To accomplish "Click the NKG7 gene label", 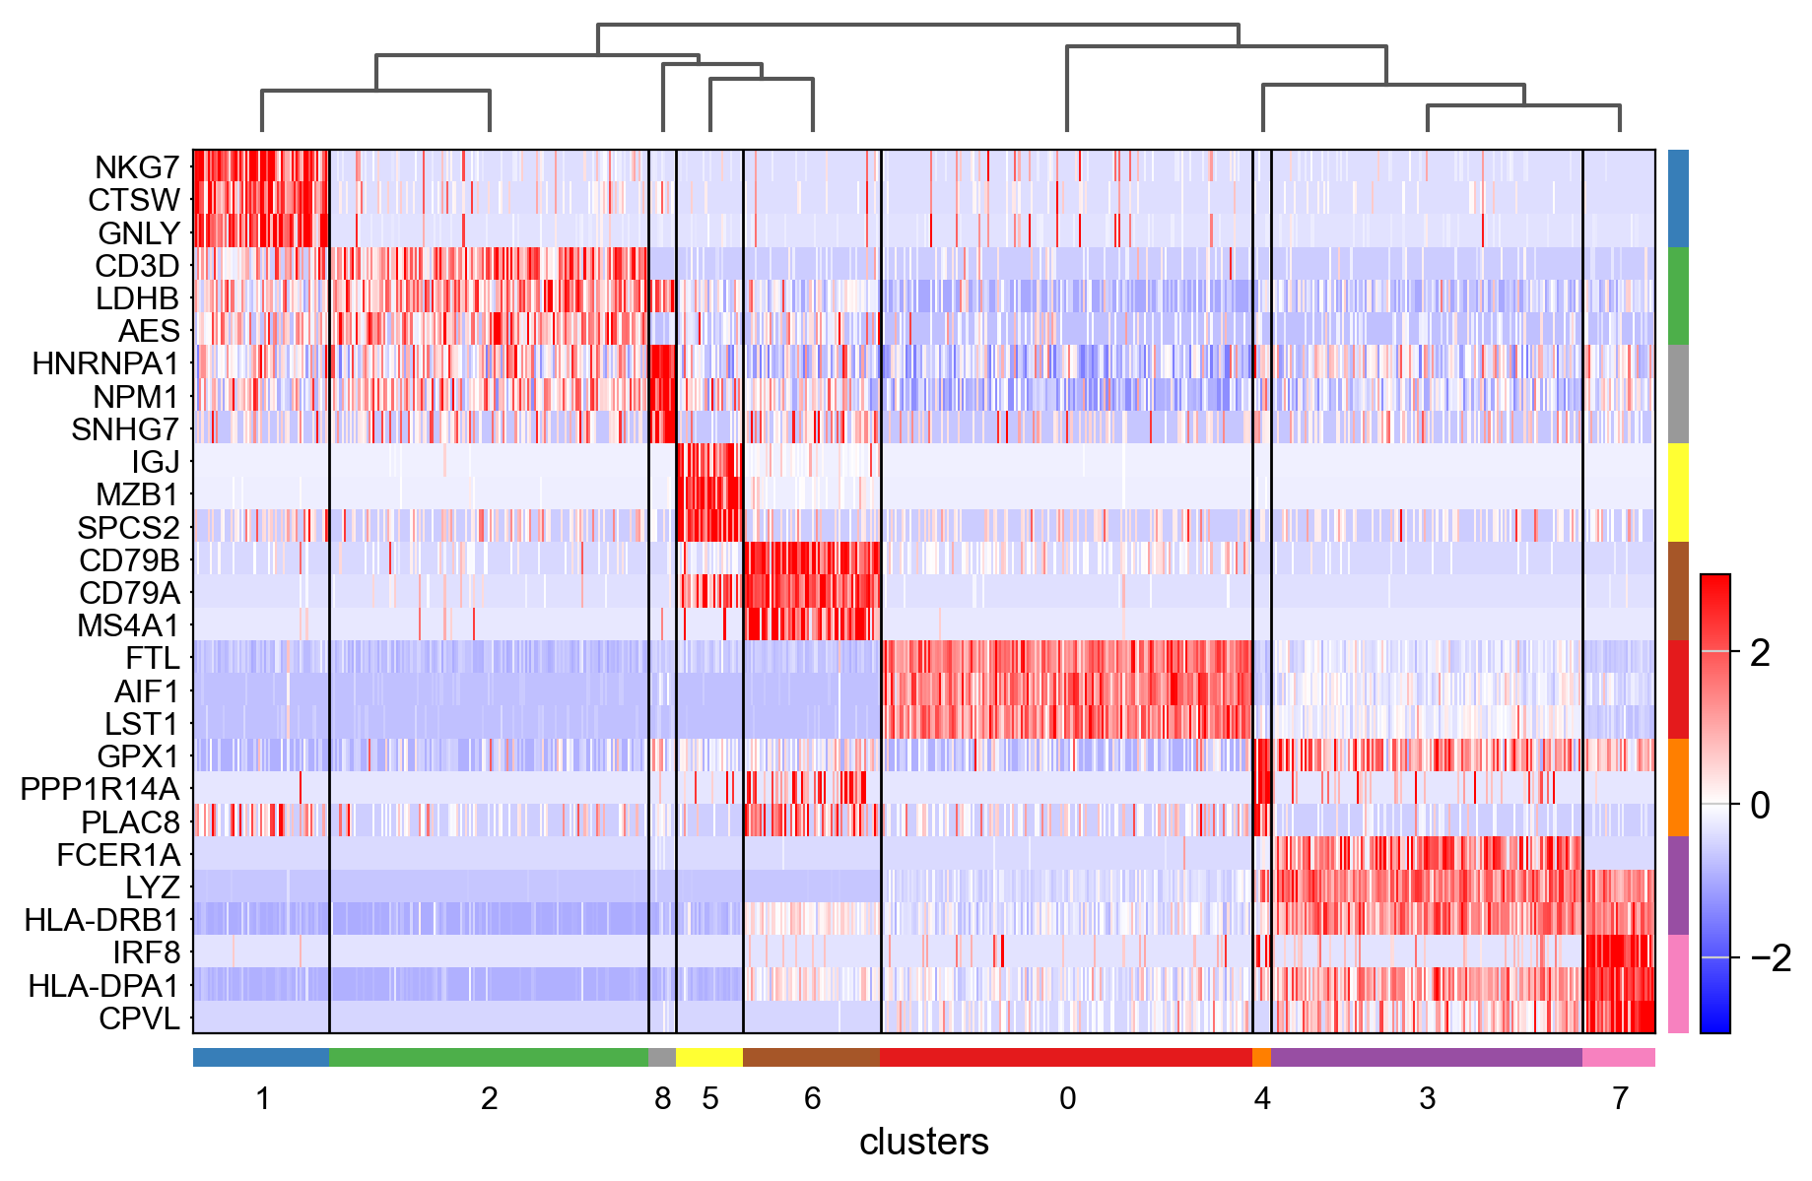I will (137, 167).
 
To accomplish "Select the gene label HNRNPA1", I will (105, 364).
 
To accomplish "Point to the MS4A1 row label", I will (128, 625).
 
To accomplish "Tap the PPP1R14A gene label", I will (100, 789).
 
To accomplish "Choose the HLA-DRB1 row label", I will (101, 920).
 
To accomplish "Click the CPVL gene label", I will (139, 1018).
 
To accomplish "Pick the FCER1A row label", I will (118, 855).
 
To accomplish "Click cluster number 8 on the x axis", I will (662, 1098).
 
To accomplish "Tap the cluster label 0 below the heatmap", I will (1067, 1098).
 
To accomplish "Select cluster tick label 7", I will (1620, 1098).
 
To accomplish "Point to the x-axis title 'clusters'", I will (923, 1143).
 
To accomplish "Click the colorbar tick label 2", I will (1760, 652).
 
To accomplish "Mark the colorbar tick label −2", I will (1770, 957).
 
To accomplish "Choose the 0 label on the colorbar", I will (1760, 805).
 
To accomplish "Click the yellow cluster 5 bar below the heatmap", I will (709, 1058).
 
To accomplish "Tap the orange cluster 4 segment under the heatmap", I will (1261, 1058).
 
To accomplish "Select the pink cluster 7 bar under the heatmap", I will (1619, 1058).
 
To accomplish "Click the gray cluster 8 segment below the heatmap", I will (662, 1058).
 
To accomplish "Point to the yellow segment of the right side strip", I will (1678, 492).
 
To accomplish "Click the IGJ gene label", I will (156, 462).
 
